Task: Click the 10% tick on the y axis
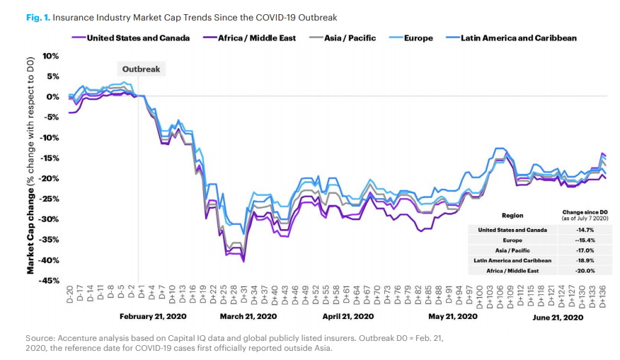51,56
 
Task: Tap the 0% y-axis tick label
53,97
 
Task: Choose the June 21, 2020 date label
558,316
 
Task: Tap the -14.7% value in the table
585,230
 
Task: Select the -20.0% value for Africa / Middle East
585,270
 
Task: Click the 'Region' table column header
512,215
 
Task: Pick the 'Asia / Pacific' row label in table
512,250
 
